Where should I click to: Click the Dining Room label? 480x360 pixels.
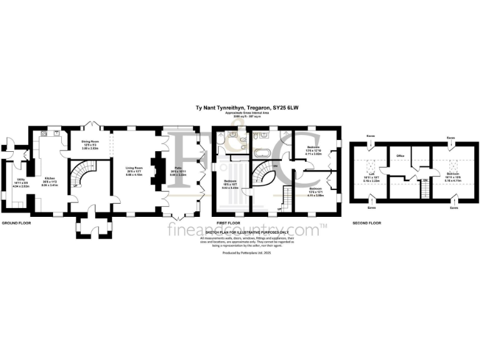92,142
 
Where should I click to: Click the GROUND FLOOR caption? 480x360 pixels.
16,222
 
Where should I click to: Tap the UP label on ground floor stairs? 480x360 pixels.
76,185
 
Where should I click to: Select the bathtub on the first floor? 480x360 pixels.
261,152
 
